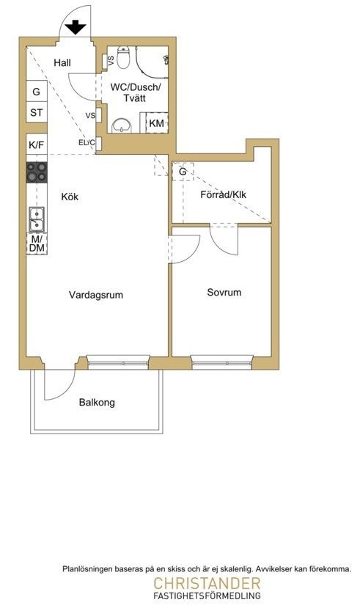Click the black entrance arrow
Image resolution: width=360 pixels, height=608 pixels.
click(76, 28)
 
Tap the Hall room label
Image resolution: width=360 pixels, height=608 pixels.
click(62, 62)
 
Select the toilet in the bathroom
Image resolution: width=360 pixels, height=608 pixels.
click(123, 57)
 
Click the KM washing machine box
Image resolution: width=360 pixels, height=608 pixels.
click(156, 123)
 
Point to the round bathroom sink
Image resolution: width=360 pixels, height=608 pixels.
click(122, 125)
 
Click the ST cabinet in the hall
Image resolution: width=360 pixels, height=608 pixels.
click(37, 112)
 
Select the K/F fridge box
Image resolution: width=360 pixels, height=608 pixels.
click(37, 145)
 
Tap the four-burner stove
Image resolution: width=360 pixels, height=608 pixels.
click(37, 172)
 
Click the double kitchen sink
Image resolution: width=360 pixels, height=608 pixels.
click(37, 219)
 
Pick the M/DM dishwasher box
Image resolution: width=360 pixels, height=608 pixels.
click(37, 244)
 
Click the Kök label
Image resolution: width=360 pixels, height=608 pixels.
click(70, 197)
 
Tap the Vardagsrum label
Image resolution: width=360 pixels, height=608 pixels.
click(96, 295)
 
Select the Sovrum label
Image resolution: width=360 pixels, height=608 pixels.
click(224, 292)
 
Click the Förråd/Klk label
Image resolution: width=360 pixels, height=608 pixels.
click(223, 194)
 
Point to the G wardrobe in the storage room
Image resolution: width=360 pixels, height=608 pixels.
click(183, 171)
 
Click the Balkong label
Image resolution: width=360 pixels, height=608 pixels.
click(97, 402)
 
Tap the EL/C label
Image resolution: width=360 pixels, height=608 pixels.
click(87, 143)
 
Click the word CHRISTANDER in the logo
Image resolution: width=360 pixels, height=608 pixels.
click(207, 583)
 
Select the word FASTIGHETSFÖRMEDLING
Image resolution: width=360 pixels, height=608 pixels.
click(207, 596)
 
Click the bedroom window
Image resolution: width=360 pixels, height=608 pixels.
click(221, 362)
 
